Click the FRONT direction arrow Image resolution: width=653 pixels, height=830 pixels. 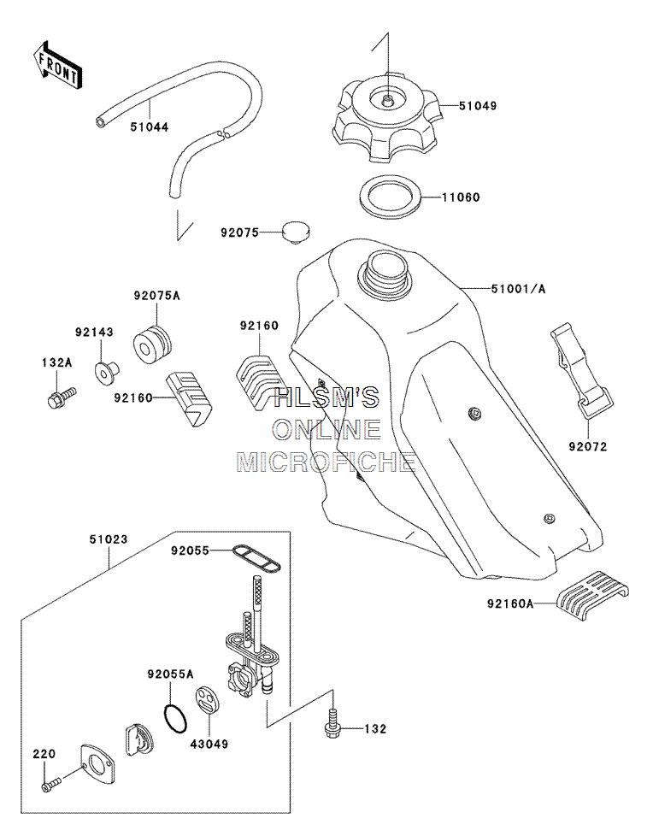[x=56, y=65]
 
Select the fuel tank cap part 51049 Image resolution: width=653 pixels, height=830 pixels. [x=387, y=120]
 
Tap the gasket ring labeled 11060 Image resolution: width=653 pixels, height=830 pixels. [x=391, y=197]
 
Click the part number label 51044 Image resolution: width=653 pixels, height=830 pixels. [x=150, y=127]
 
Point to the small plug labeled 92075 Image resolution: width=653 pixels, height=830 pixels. [x=295, y=232]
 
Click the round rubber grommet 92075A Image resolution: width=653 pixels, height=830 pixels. [x=152, y=344]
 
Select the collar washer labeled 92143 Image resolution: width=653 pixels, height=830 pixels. [x=108, y=372]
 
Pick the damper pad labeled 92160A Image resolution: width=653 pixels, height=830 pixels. [x=592, y=596]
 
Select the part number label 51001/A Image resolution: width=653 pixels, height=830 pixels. [x=518, y=289]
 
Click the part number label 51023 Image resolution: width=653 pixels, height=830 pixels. [x=109, y=539]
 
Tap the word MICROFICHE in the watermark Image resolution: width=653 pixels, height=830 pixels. [x=326, y=462]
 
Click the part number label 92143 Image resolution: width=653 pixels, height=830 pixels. [x=94, y=332]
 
